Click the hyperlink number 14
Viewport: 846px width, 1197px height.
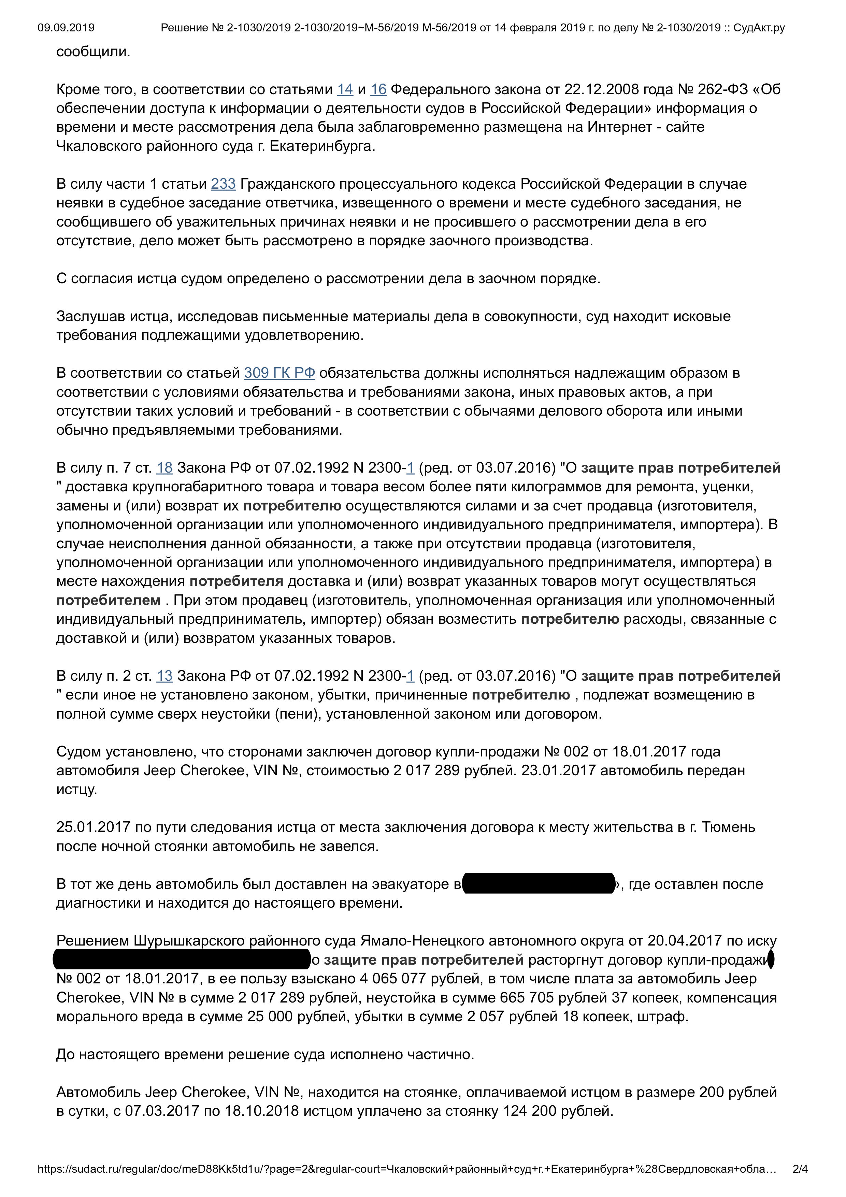tap(345, 90)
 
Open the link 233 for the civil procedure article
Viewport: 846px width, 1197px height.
tap(223, 184)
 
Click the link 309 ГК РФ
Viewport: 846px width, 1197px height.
tap(279, 373)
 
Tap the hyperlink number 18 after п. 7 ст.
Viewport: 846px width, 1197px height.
tap(164, 468)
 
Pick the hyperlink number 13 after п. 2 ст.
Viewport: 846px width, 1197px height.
tap(164, 676)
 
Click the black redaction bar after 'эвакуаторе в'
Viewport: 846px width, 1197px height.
tap(538, 884)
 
